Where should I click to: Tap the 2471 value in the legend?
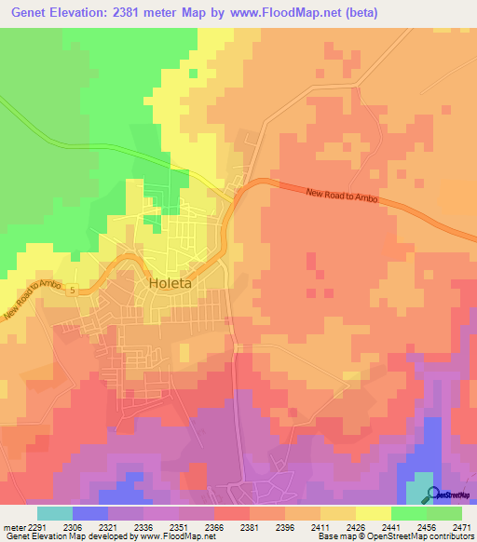[462, 526]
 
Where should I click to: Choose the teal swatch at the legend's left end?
[54, 513]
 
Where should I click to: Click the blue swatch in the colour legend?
[89, 513]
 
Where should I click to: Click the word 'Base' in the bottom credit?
[327, 537]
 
